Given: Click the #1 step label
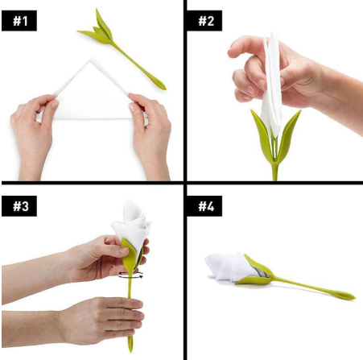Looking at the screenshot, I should pos(18,20).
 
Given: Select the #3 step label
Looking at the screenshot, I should pos(18,207).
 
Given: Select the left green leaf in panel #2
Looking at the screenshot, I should pos(262,133).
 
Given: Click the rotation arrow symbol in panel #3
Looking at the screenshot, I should pos(131,275).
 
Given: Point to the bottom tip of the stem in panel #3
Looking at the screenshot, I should pos(130,348).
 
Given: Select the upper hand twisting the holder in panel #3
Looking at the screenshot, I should pos(97,258).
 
